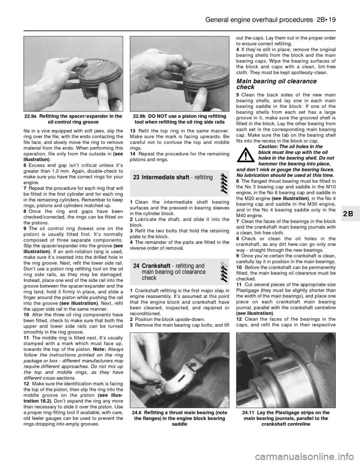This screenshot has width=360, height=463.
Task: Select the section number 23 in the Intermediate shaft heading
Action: pos(136,177)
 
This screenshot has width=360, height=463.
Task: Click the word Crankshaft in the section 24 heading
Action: pos(156,266)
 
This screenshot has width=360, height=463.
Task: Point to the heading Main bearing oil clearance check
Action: pos(277,84)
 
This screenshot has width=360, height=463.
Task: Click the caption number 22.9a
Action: pos(31,116)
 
